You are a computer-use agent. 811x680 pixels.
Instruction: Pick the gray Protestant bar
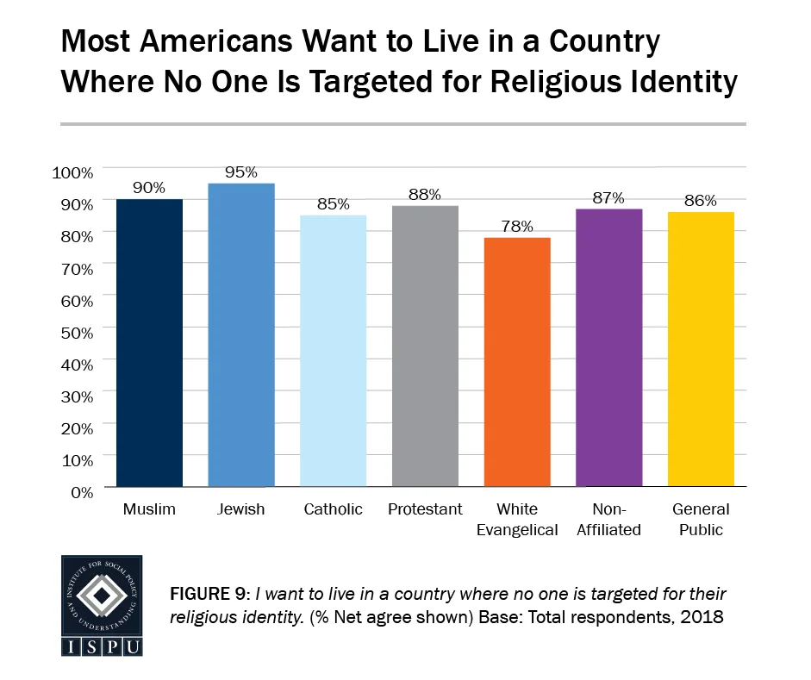coord(425,346)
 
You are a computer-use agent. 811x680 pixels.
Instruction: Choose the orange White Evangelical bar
coord(517,362)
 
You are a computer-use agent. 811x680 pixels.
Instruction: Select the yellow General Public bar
coord(701,349)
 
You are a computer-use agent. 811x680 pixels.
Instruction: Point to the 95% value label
coord(241,172)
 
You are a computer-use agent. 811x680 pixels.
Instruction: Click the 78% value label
coord(517,227)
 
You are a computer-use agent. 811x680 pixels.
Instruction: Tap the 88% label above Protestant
coord(425,195)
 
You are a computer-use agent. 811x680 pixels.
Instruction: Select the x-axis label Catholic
coord(333,509)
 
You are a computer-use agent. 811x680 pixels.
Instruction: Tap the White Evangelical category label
coord(517,520)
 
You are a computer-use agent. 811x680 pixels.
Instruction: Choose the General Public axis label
coord(701,520)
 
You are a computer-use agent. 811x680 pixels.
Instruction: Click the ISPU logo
coord(102,605)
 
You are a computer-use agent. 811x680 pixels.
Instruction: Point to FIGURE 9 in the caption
coord(207,595)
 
